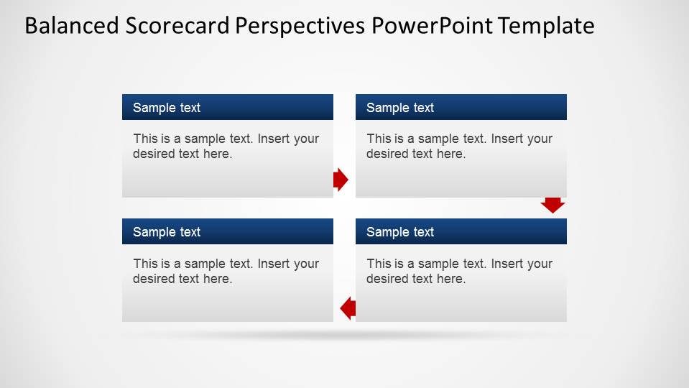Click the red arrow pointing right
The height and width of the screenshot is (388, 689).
[341, 180]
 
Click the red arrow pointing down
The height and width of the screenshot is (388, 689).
[552, 205]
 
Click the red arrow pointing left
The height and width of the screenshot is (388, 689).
[348, 308]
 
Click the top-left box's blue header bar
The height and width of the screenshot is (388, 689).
[227, 107]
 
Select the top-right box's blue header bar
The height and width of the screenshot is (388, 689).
[461, 107]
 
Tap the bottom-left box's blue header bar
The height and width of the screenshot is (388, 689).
[227, 231]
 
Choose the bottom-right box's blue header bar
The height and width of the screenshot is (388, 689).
[461, 231]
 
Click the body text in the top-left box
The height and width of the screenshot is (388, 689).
[226, 146]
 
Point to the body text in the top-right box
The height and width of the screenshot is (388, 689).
[459, 146]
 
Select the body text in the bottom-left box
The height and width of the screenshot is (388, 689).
[226, 271]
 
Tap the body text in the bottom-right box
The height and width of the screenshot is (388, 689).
[459, 271]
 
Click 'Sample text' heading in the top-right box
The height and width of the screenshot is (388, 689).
[400, 108]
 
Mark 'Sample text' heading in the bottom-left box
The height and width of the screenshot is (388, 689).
[167, 232]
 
